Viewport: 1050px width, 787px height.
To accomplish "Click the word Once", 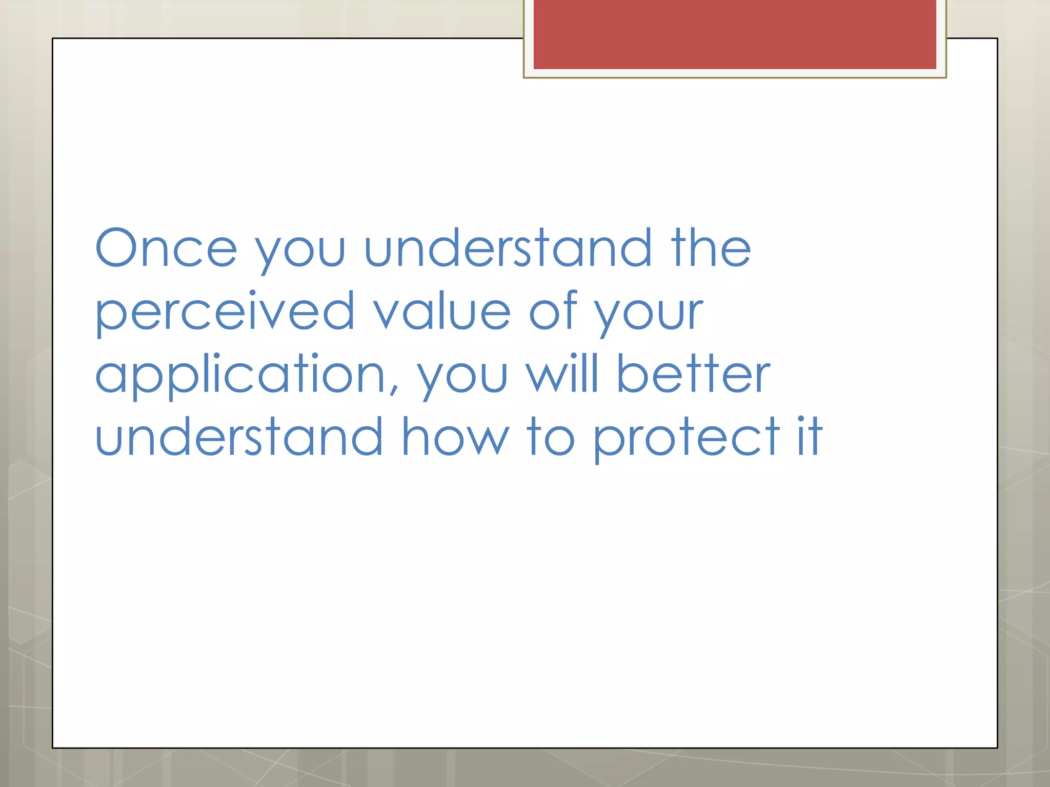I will (x=166, y=248).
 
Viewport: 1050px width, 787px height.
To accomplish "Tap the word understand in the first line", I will (x=508, y=248).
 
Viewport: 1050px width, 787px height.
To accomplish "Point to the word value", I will (x=441, y=312).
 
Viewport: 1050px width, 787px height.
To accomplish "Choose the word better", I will (x=693, y=374).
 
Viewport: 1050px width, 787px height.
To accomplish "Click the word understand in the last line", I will (x=239, y=437).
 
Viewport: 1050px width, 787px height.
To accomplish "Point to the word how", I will (x=455, y=437).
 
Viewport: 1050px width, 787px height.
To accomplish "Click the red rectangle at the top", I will (x=735, y=34).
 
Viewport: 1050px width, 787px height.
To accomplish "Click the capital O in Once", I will (x=117, y=247).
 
